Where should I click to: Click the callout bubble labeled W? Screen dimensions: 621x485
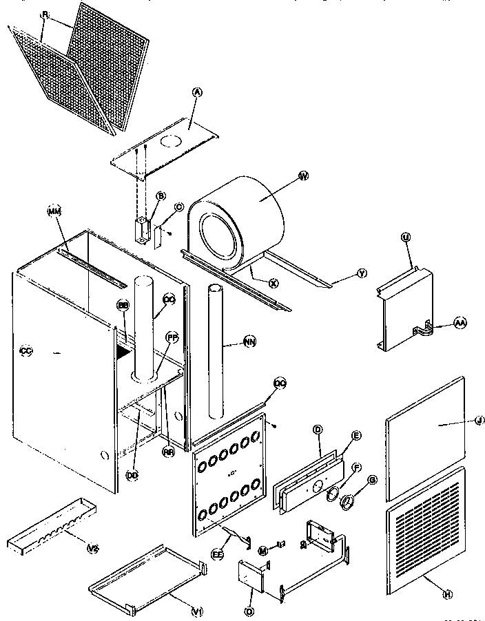point(302,177)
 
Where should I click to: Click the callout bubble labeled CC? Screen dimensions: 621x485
point(26,350)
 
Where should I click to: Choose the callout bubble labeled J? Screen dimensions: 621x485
point(479,419)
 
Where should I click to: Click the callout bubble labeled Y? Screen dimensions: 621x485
point(361,273)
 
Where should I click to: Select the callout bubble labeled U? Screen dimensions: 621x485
point(405,237)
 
